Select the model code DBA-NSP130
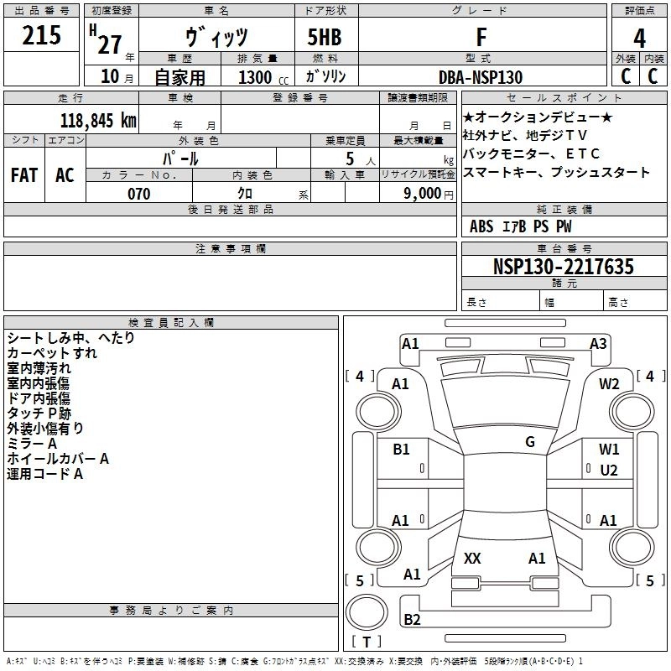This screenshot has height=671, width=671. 481,77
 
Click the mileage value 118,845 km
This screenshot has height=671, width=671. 98,120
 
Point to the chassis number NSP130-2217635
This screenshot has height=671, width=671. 564,267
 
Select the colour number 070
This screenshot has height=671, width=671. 138,194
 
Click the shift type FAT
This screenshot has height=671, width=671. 23,175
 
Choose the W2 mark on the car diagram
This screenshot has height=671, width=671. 609,383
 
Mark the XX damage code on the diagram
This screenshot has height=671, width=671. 472,559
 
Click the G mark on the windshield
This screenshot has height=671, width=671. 530,442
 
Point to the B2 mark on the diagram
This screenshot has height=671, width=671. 412,619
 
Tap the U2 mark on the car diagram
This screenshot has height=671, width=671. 609,470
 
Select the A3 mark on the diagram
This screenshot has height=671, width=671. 598,343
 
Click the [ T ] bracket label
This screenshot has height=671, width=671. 367,642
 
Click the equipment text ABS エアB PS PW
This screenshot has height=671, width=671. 520,226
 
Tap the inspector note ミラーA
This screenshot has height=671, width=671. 32,443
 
